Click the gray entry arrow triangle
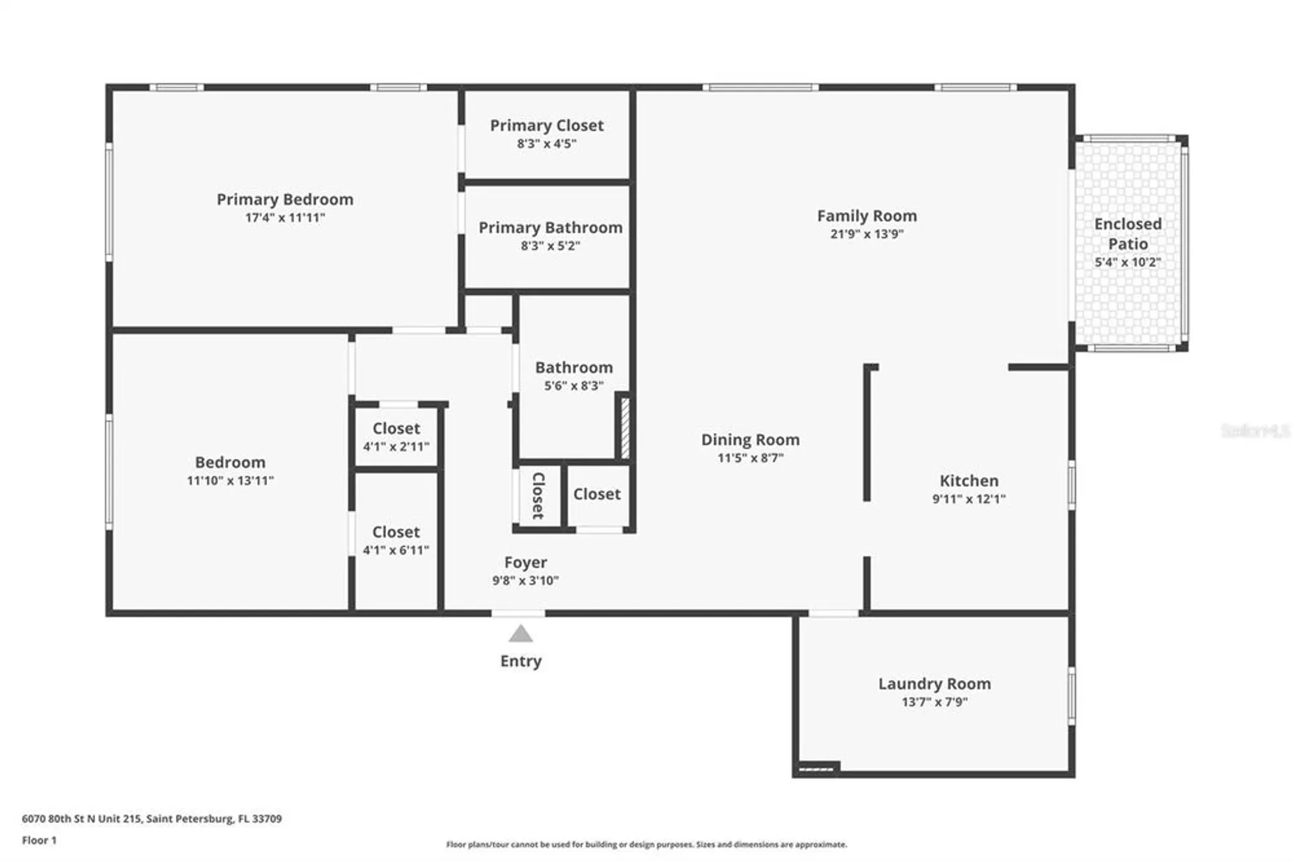pos(520,634)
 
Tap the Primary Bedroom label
pos(285,199)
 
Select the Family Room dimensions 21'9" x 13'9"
pos(866,234)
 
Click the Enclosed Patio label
pos(1127,233)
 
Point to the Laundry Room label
pos(934,683)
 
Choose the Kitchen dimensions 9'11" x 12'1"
pos(968,498)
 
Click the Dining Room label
pos(750,440)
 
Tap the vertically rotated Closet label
pos(538,496)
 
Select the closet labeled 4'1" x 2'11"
pos(396,437)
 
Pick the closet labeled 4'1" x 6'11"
pos(396,540)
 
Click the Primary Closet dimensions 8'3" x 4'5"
pos(546,143)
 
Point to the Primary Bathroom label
pos(550,228)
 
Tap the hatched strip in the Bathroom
pos(625,429)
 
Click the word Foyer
pos(525,562)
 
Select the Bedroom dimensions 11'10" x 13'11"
pos(230,480)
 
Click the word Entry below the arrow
pos(520,661)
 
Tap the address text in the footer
pos(152,818)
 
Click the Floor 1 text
pos(39,840)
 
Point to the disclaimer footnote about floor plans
pos(646,844)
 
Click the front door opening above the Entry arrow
pos(518,613)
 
